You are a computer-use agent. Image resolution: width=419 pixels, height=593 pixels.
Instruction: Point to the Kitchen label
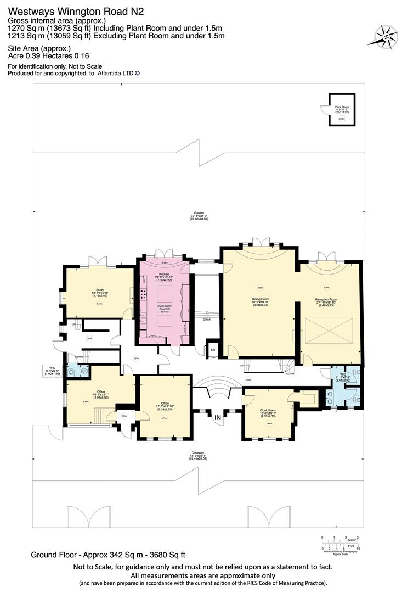pyautogui.click(x=164, y=273)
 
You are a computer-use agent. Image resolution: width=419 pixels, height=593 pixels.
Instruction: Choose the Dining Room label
pyautogui.click(x=261, y=299)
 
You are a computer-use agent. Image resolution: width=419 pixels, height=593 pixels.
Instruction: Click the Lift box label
pyautogui.click(x=213, y=348)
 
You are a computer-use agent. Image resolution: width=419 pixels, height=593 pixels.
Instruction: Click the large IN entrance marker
pyautogui.click(x=218, y=418)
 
